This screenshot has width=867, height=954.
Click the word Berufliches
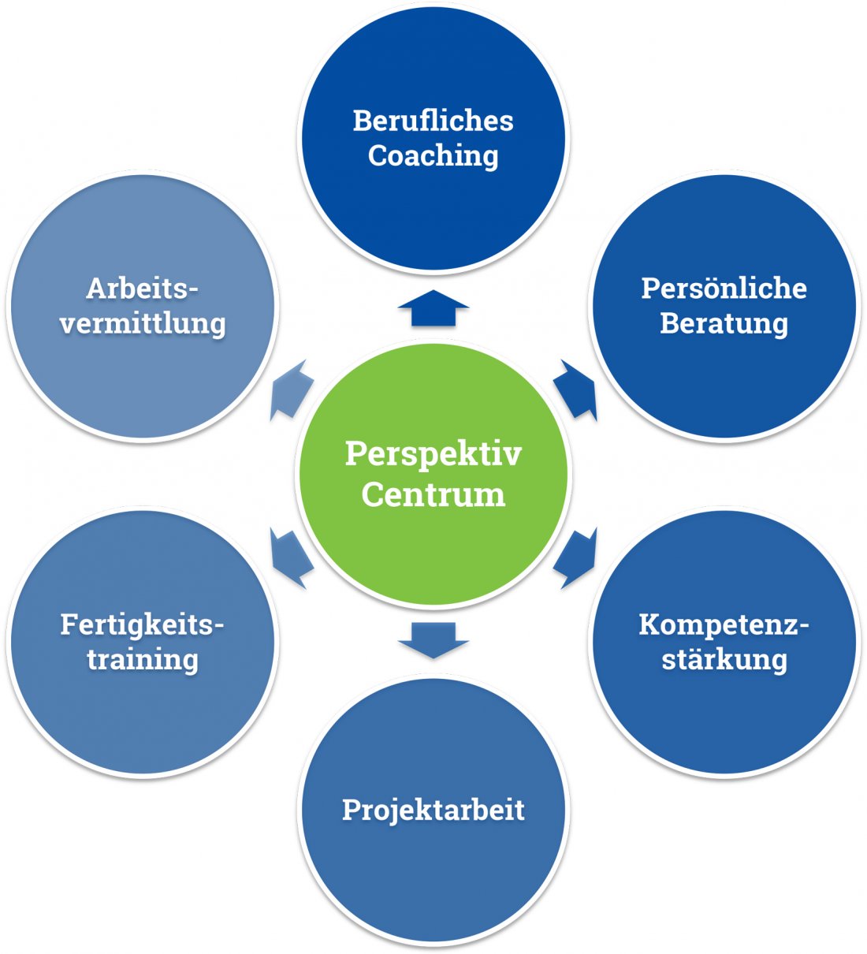click(x=433, y=121)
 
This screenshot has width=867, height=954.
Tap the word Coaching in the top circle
click(x=433, y=156)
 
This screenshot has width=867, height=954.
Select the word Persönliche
click(x=724, y=289)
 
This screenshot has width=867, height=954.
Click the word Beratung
click(x=724, y=323)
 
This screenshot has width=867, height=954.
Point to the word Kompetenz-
click(x=724, y=624)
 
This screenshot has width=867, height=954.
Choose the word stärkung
click(x=724, y=659)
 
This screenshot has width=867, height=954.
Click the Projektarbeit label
click(x=433, y=810)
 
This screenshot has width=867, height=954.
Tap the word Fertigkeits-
click(x=142, y=624)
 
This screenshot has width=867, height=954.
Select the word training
click(x=142, y=659)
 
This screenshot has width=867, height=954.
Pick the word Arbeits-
click(x=142, y=289)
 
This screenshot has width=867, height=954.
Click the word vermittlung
click(x=142, y=323)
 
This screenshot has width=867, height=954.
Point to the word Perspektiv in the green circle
click(x=433, y=454)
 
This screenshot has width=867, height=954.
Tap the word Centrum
click(x=433, y=495)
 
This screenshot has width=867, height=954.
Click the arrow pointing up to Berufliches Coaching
click(x=433, y=307)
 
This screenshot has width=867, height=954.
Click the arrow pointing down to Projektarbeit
click(x=433, y=639)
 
